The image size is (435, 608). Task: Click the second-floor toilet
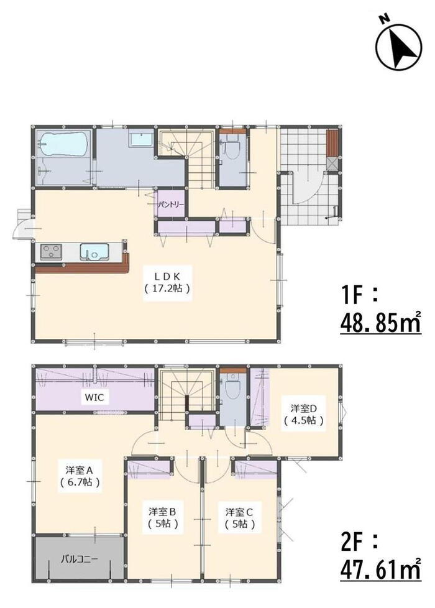232,387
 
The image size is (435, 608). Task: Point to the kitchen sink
95,252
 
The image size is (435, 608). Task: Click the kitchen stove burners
51,252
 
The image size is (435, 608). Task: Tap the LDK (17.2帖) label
167,283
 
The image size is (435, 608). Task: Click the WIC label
94,397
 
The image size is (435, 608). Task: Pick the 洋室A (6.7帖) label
80,477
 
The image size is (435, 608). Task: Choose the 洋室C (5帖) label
240,518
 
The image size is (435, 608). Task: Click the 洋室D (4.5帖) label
304,414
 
